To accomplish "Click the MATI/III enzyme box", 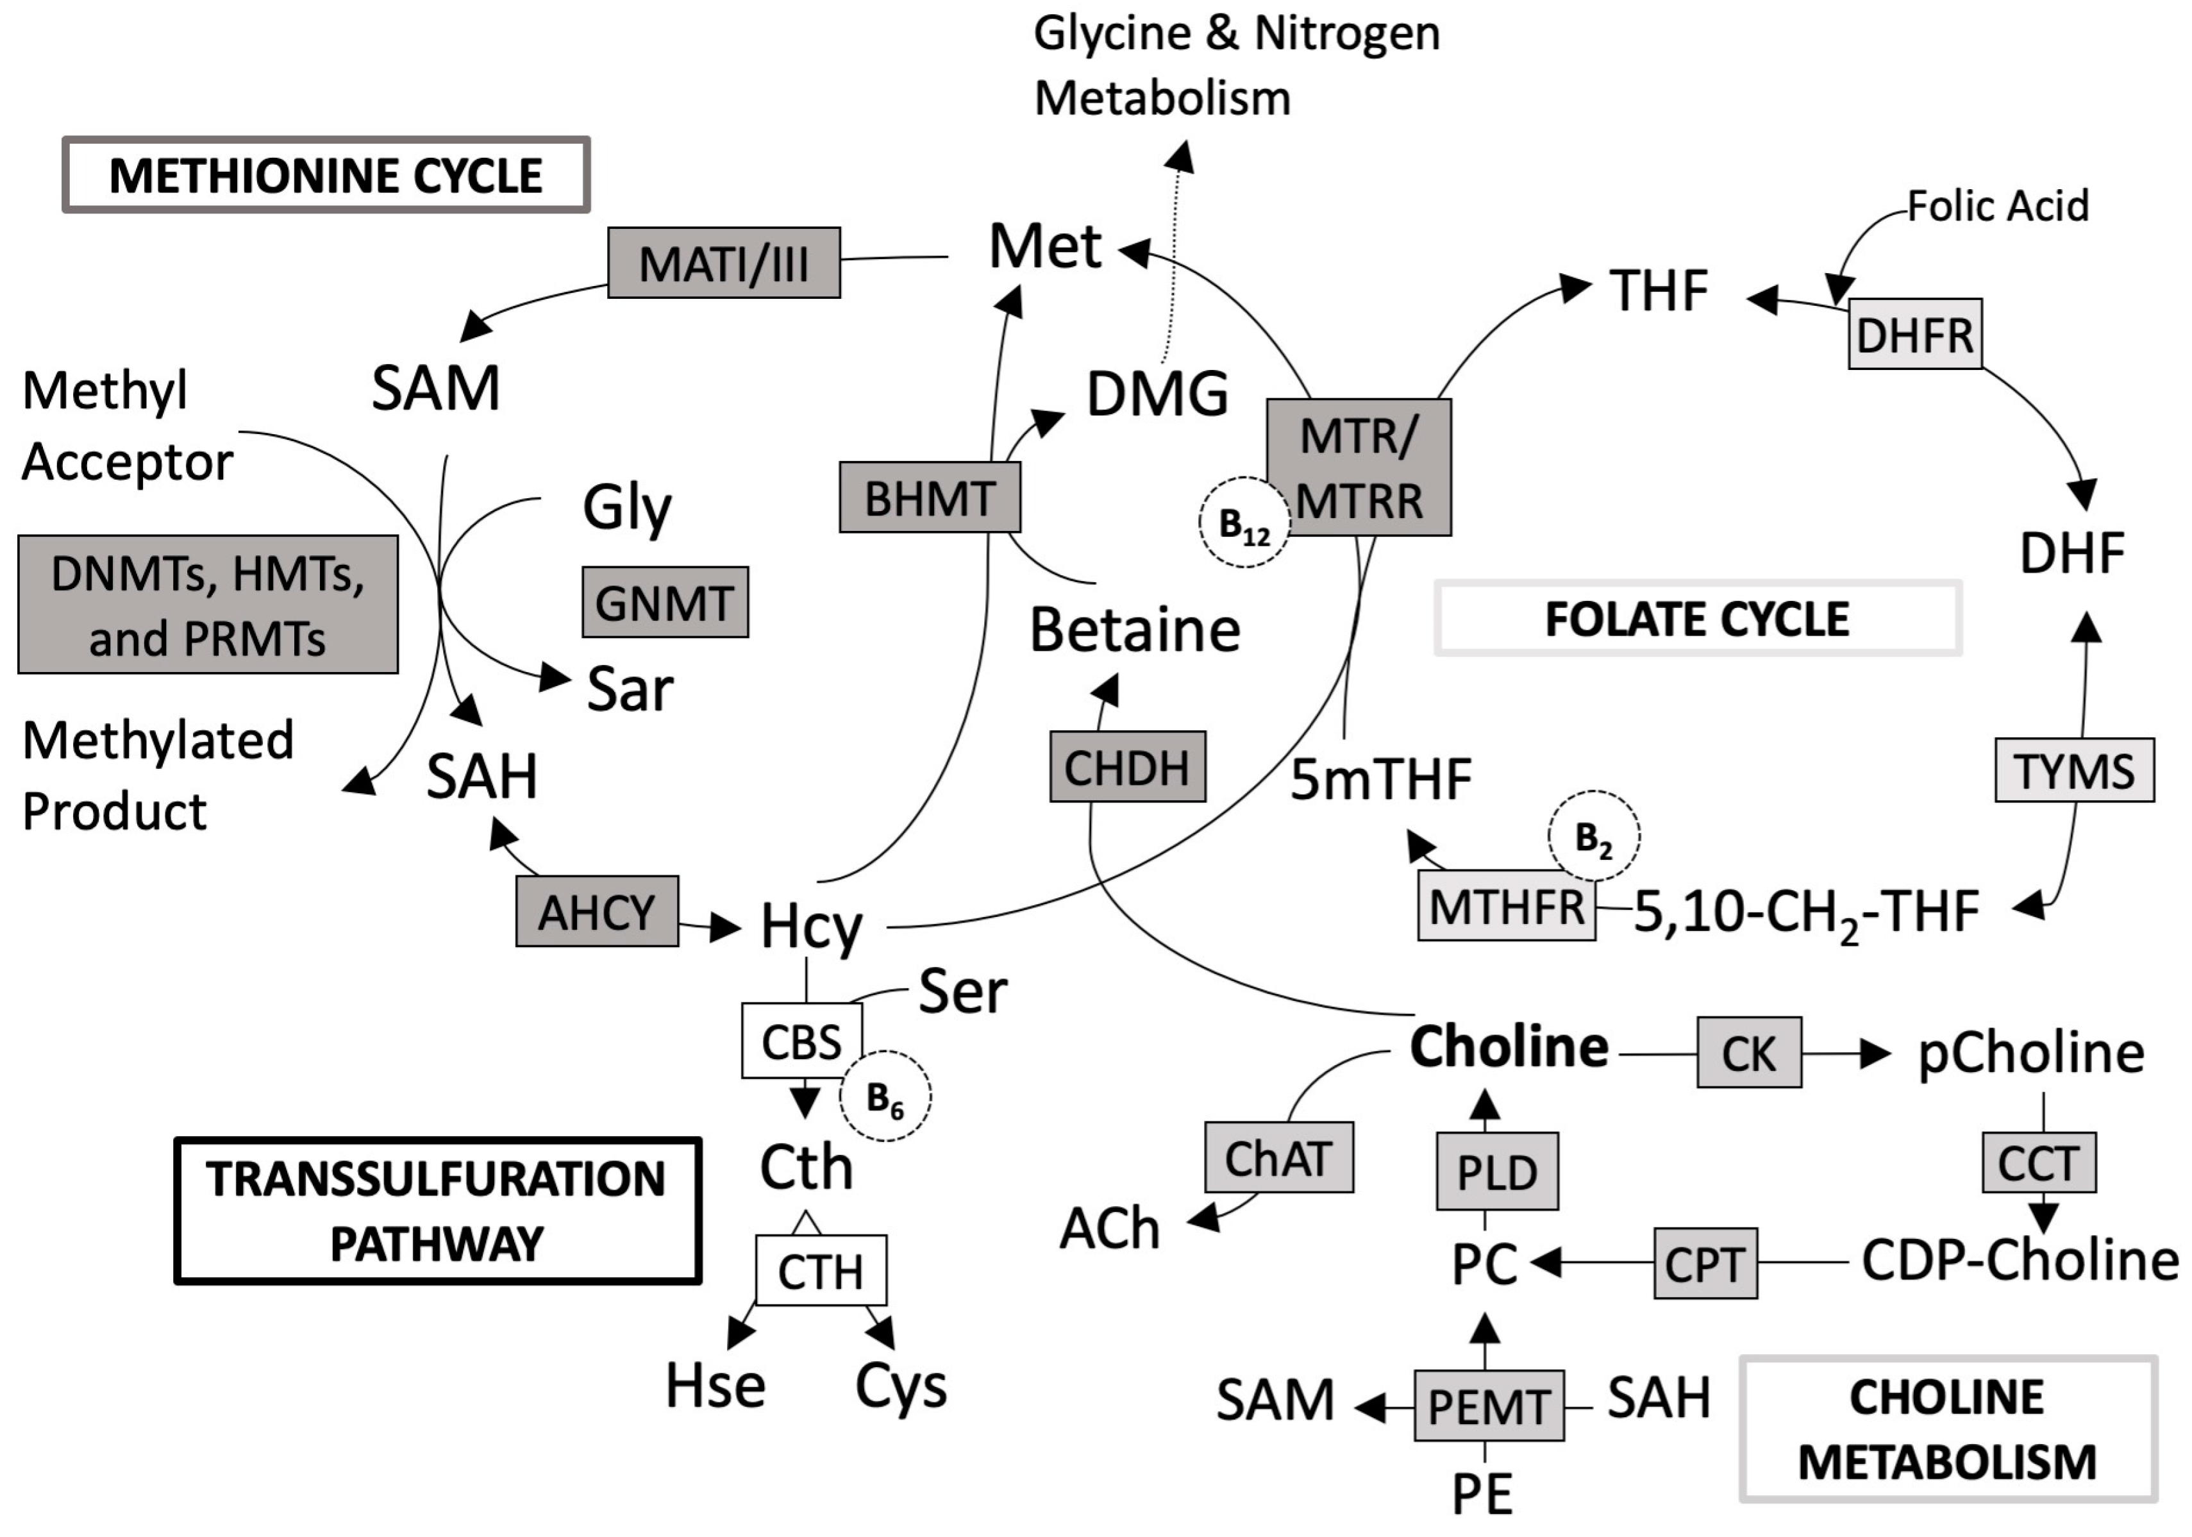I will (724, 262).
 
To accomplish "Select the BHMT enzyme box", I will (929, 498).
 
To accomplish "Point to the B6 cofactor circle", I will (885, 1096).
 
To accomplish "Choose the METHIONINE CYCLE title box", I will (326, 174).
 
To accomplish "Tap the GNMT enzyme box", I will (664, 602).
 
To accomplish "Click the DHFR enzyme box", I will (1914, 334).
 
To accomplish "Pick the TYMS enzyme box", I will (2073, 770).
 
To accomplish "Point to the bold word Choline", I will (1509, 1047).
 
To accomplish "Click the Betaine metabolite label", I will (1134, 630).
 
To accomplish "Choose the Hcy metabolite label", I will (810, 925).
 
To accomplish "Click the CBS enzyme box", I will (801, 1041).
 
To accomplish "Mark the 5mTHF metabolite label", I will (1380, 779).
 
